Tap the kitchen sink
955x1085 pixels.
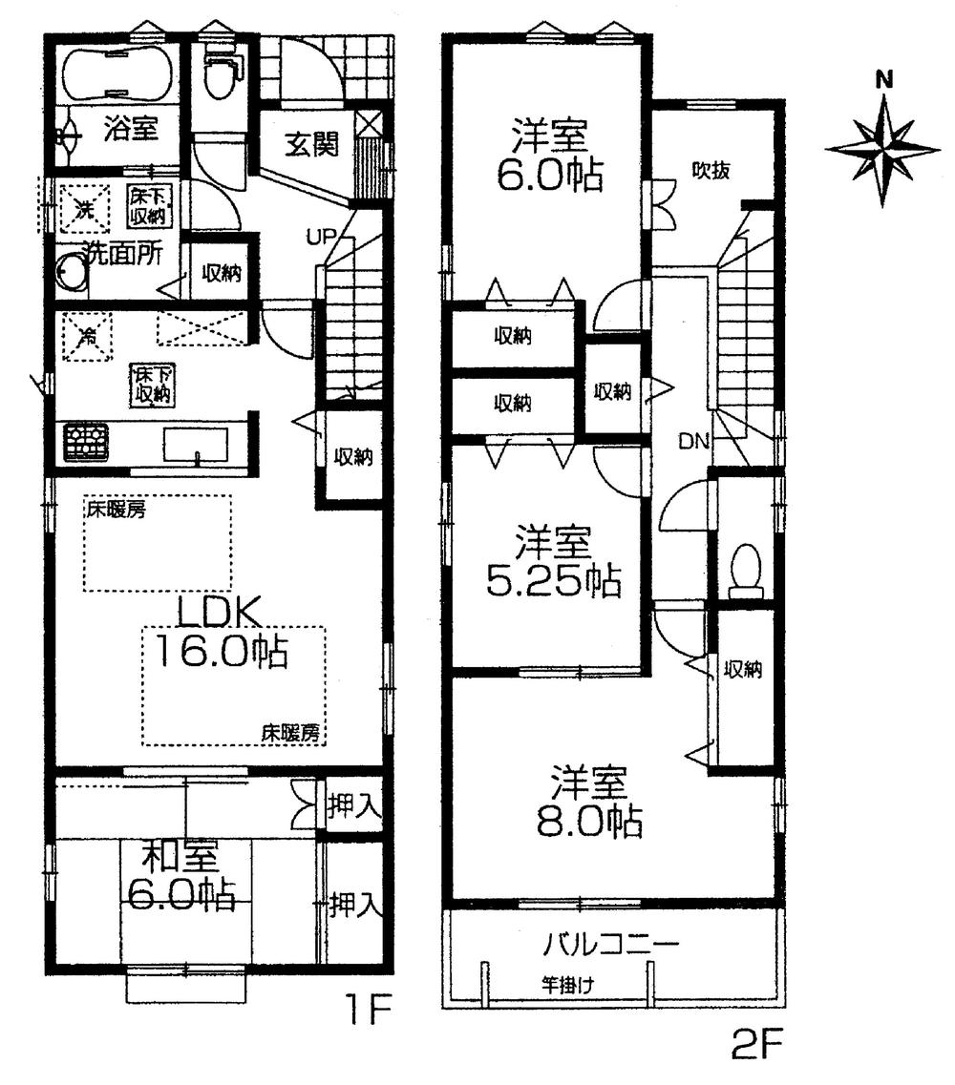click(x=196, y=445)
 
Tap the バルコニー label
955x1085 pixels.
click(x=611, y=946)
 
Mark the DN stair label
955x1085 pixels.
click(x=693, y=441)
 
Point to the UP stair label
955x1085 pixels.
click(x=320, y=237)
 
